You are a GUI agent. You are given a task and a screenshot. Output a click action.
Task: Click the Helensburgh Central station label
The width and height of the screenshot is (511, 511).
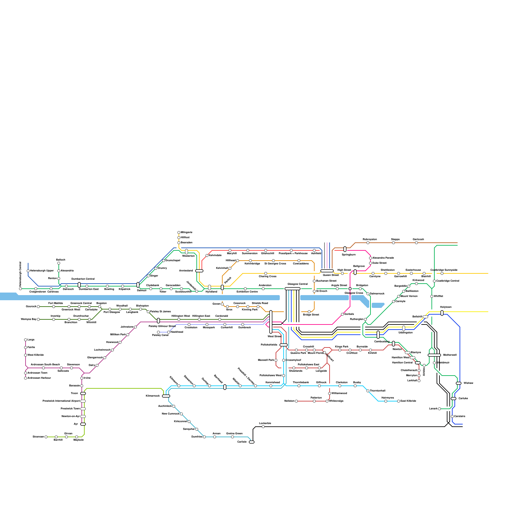point(20,274)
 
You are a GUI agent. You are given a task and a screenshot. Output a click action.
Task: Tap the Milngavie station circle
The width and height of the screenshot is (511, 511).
point(179,233)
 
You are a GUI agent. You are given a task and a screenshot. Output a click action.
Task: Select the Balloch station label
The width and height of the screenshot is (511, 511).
point(61,260)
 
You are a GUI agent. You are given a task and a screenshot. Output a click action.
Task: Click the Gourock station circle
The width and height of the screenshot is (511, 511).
point(38,307)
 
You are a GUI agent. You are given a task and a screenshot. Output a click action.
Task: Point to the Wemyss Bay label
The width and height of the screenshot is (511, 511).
point(28,319)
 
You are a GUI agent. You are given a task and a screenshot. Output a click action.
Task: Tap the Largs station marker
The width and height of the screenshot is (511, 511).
point(26,340)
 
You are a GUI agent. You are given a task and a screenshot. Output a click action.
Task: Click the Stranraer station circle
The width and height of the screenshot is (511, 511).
point(46,437)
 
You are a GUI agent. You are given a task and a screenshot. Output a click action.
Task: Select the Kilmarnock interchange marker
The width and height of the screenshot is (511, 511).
point(166,396)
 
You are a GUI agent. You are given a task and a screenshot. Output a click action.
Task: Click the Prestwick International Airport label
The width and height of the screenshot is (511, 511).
point(61,401)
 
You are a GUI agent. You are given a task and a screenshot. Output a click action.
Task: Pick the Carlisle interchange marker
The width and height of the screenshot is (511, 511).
point(252,442)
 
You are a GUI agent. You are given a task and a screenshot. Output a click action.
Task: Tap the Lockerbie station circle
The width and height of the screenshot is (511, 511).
point(263,427)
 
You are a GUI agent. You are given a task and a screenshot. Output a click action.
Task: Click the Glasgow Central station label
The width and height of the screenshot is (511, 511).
point(297,284)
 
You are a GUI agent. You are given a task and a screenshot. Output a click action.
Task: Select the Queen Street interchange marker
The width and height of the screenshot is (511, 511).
point(327,271)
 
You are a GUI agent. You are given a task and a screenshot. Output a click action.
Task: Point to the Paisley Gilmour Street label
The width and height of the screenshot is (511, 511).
point(162,326)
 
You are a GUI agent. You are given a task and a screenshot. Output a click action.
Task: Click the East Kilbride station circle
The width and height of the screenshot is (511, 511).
point(399,401)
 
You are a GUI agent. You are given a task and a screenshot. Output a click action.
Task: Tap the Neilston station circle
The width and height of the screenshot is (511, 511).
point(296,401)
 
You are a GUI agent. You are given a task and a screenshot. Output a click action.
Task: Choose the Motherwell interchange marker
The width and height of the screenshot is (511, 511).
point(434,355)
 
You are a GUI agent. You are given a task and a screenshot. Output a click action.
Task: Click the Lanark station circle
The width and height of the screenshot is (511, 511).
point(439,409)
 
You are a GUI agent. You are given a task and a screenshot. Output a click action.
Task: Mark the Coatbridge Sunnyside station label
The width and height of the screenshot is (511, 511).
point(444,270)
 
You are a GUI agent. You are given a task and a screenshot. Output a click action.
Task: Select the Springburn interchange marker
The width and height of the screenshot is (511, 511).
point(345,249)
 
